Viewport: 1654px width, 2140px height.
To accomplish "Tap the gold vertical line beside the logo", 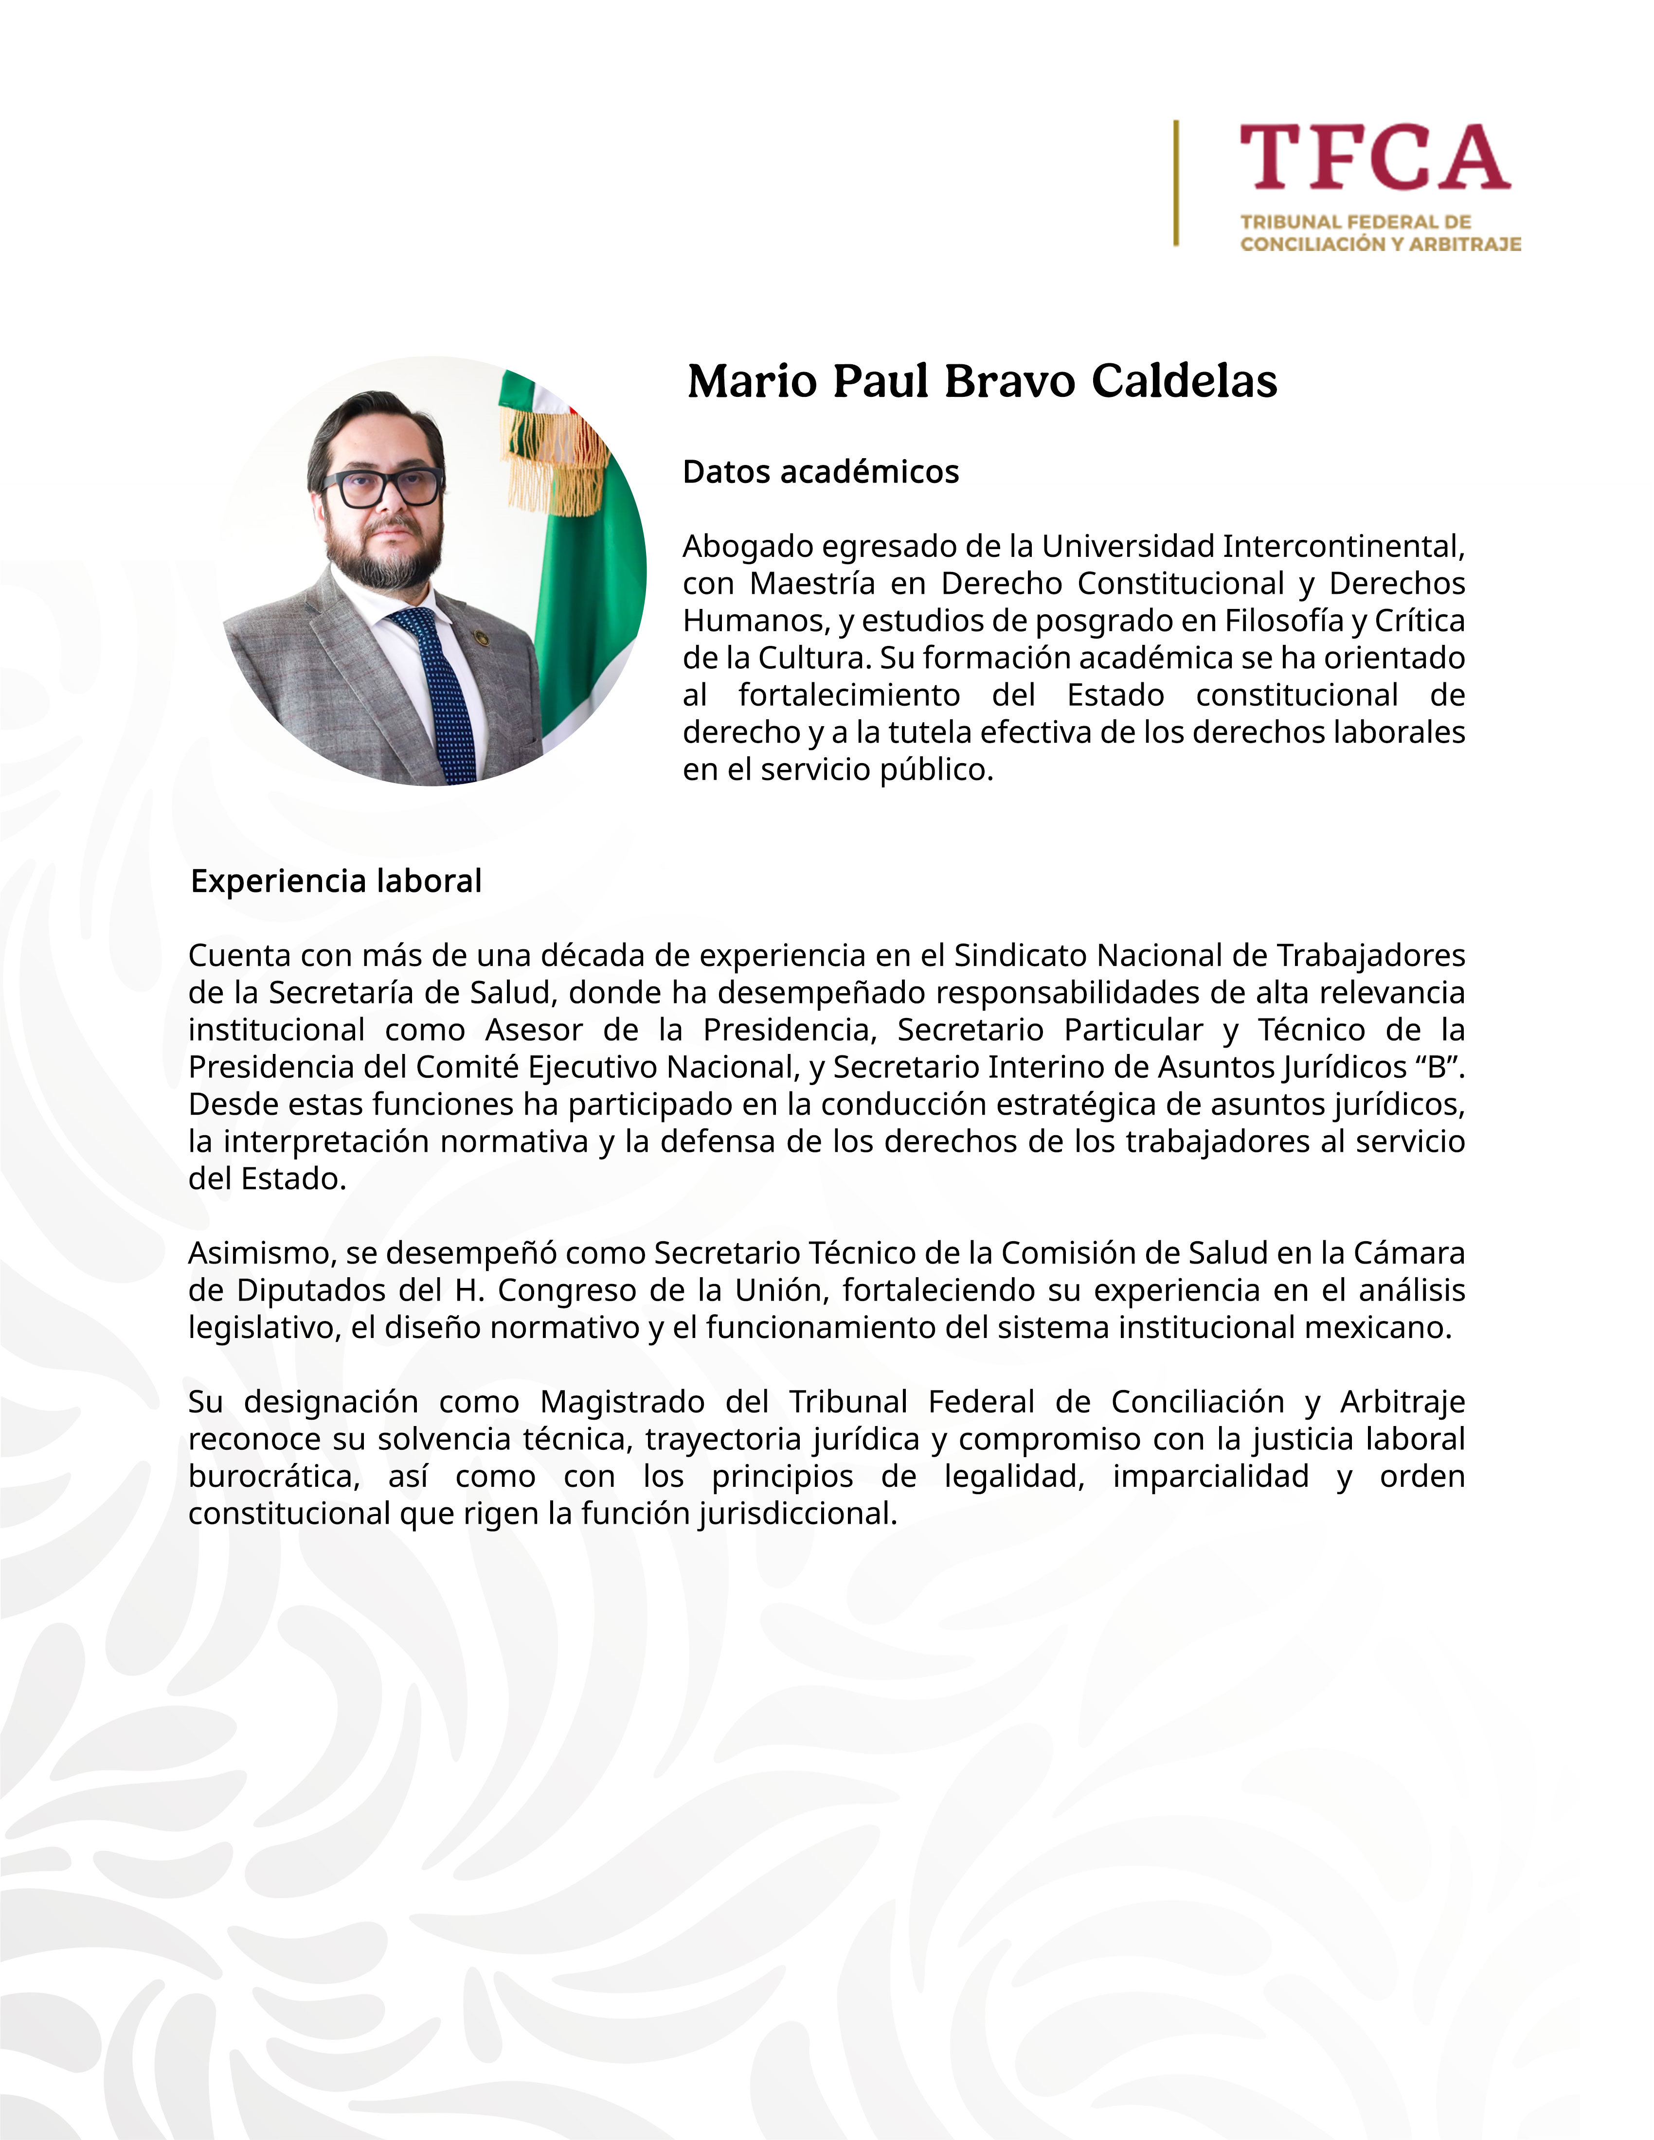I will pyautogui.click(x=1176, y=183).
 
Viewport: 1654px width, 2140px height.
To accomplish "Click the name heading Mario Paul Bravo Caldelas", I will pyautogui.click(x=982, y=381).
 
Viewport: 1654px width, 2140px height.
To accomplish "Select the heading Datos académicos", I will pyautogui.click(x=820, y=472).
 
